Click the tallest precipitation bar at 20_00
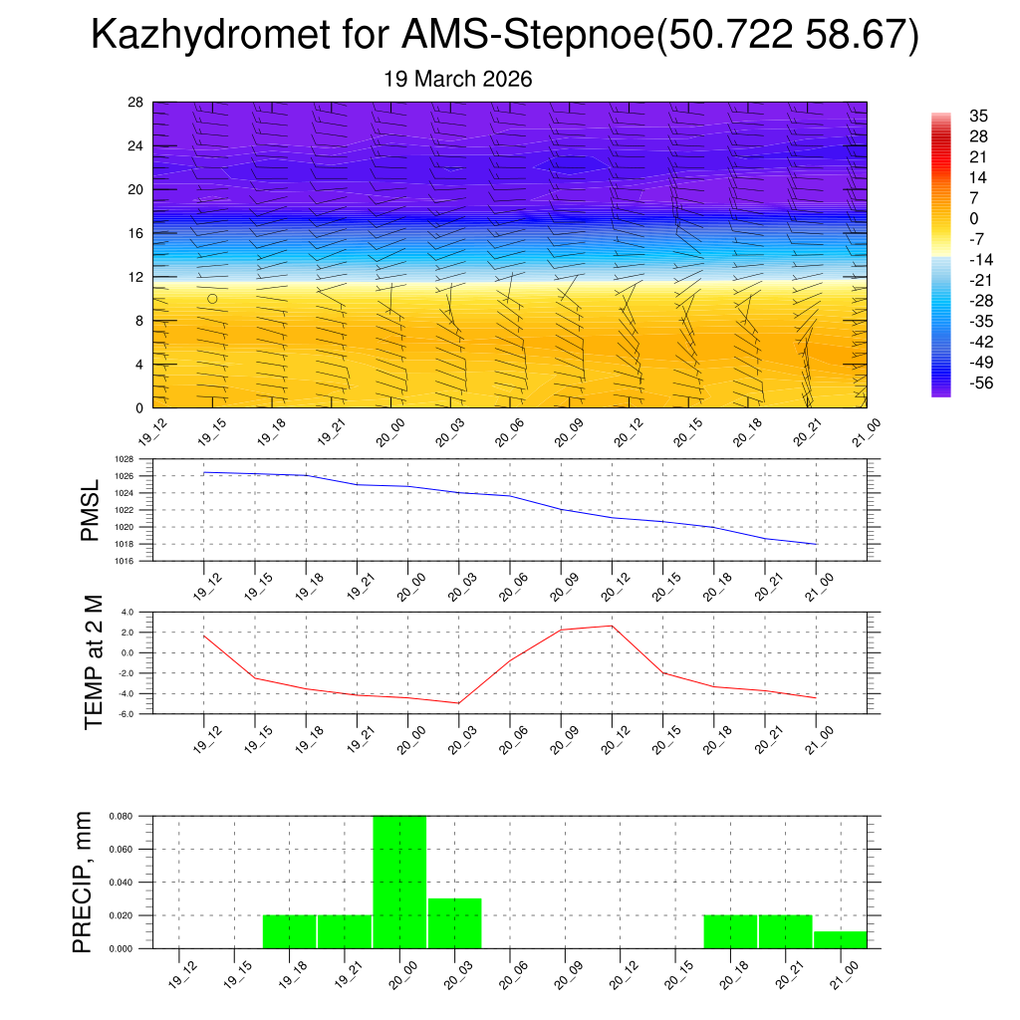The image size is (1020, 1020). tap(399, 882)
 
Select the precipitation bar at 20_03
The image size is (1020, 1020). tap(455, 923)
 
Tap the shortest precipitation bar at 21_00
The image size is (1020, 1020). tap(840, 940)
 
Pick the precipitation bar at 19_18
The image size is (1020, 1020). tap(289, 931)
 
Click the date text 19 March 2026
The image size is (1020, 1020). tap(458, 79)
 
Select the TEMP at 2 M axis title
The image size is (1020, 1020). tap(94, 661)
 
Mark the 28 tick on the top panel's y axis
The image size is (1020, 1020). tap(136, 103)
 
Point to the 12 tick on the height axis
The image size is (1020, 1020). tap(136, 277)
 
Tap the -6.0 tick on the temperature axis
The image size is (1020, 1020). tap(127, 714)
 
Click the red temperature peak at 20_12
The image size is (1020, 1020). tap(612, 626)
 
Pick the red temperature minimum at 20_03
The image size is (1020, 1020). tap(458, 703)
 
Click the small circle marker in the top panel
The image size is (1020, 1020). tap(212, 299)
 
